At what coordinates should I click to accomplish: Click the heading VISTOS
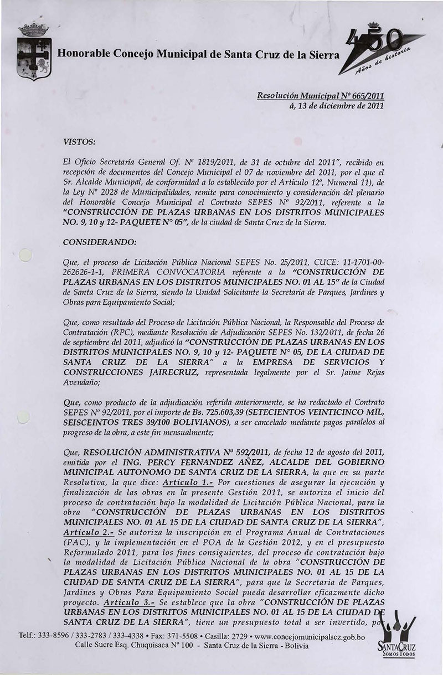point(80,142)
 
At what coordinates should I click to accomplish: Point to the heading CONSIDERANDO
point(95,241)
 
